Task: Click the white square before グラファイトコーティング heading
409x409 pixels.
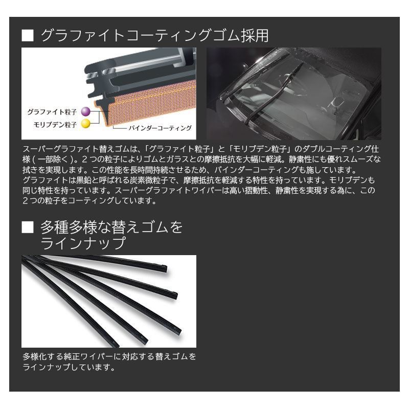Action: pos(28,36)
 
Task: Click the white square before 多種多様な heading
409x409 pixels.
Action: pos(28,226)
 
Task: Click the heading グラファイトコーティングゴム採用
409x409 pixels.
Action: pos(154,36)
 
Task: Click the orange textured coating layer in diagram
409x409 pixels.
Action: pos(148,102)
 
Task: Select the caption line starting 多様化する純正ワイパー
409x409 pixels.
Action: pos(109,356)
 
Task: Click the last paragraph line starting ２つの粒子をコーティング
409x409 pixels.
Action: pos(89,201)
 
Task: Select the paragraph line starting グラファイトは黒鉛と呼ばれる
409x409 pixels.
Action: pos(199,180)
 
